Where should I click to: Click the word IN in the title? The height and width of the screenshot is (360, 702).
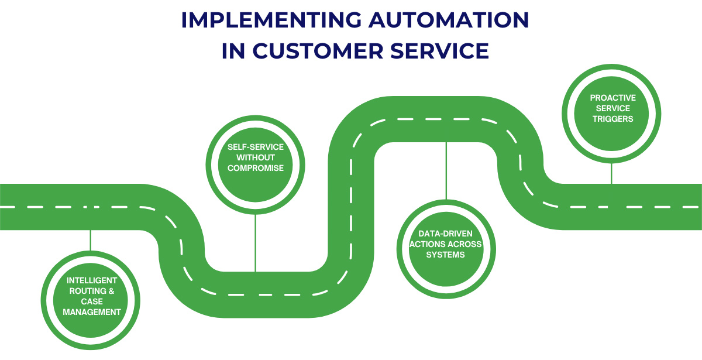click(233, 51)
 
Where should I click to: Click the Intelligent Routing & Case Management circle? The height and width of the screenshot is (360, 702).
click(91, 296)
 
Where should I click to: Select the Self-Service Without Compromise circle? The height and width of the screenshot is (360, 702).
click(255, 158)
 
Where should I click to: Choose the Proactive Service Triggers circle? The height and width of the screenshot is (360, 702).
click(611, 109)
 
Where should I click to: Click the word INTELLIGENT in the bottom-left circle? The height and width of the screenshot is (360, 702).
click(91, 280)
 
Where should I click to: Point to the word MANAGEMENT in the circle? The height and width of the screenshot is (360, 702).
click(91, 312)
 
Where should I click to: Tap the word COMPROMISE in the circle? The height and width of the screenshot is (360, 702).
click(255, 169)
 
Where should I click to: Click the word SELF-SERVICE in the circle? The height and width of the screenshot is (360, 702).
click(255, 147)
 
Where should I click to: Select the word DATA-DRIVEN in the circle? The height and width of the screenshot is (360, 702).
click(446, 234)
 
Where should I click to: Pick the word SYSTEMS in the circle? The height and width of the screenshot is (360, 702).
click(446, 255)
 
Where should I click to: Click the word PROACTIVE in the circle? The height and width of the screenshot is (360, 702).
click(611, 98)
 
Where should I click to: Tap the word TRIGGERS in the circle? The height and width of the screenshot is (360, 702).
click(611, 119)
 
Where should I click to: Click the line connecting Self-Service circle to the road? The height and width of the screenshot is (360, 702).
click(255, 240)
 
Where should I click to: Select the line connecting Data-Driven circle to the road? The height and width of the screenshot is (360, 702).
click(446, 170)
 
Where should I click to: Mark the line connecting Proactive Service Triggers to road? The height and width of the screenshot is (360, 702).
click(611, 173)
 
